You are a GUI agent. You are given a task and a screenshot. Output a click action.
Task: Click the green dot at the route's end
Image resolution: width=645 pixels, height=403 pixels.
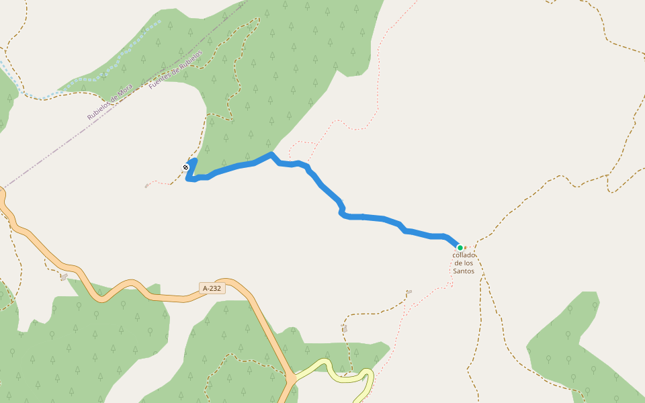pyautogui.click(x=460, y=248)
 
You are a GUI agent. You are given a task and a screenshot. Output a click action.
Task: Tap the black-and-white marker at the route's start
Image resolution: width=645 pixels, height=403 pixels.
pyautogui.click(x=185, y=167)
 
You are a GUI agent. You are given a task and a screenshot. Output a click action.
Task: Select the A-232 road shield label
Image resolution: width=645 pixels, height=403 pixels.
pyautogui.click(x=212, y=288)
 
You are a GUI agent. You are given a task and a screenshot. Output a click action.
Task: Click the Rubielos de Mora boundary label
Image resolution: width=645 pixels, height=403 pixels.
pyautogui.click(x=110, y=102)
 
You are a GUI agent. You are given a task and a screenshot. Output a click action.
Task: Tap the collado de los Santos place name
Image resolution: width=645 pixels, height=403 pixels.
pyautogui.click(x=464, y=263)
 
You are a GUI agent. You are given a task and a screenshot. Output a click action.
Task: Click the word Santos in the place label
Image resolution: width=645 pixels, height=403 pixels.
pyautogui.click(x=464, y=271)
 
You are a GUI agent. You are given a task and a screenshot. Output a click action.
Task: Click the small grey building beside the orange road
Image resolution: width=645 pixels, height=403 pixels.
pyautogui.click(x=64, y=277)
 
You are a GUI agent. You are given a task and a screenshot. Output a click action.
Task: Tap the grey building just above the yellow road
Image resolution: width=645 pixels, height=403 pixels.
pyautogui.click(x=345, y=328)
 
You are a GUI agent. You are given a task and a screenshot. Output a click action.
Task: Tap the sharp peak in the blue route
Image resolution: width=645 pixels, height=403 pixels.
pyautogui.click(x=271, y=154)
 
